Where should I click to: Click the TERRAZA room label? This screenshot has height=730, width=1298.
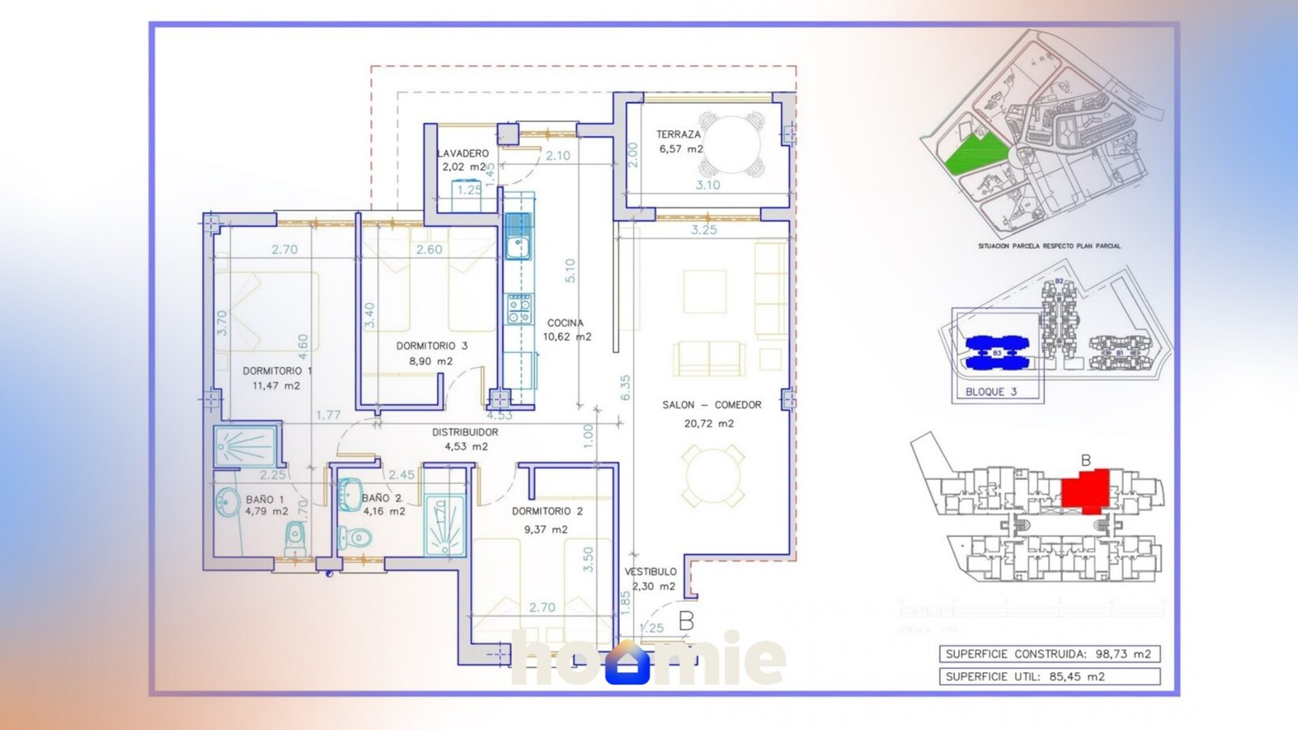click(x=678, y=135)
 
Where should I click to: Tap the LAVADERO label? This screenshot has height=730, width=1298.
click(x=463, y=153)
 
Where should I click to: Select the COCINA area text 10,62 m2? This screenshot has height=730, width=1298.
click(x=567, y=337)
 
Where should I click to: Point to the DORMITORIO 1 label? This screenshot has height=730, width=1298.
click(x=277, y=371)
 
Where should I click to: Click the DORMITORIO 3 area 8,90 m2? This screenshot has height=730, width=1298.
click(x=431, y=361)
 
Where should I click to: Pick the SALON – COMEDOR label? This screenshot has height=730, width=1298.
click(x=711, y=405)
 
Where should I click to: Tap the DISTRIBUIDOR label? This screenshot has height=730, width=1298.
click(x=465, y=432)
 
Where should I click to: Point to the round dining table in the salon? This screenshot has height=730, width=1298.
click(x=713, y=477)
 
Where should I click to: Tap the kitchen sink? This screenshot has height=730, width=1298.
click(x=517, y=235)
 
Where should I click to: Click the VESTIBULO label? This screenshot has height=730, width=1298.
click(x=651, y=572)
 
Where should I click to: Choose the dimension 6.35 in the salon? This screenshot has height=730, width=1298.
click(x=625, y=388)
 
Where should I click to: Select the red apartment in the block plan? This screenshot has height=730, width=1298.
click(x=1085, y=491)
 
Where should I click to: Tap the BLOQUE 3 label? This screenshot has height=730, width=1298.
click(x=991, y=392)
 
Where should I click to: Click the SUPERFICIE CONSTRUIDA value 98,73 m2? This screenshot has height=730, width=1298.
click(x=1123, y=654)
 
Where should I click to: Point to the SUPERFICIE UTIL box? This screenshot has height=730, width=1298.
click(x=1050, y=676)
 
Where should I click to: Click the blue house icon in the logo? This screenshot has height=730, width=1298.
click(x=630, y=663)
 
